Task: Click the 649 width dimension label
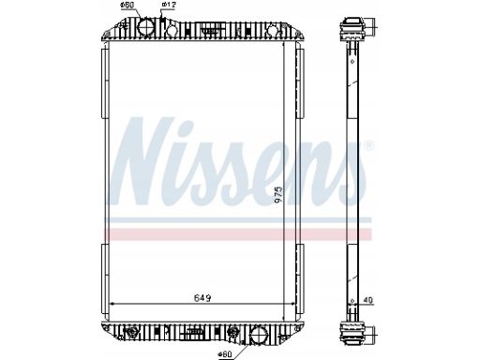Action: [202, 298]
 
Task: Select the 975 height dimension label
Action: [278, 195]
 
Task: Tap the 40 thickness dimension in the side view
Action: [368, 300]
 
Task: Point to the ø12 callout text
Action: [169, 5]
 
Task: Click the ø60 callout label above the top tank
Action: [127, 5]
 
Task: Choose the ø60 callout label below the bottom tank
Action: [225, 354]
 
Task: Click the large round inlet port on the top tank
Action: [146, 27]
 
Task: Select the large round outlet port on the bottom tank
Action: [259, 335]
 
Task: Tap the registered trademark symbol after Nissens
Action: [369, 145]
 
